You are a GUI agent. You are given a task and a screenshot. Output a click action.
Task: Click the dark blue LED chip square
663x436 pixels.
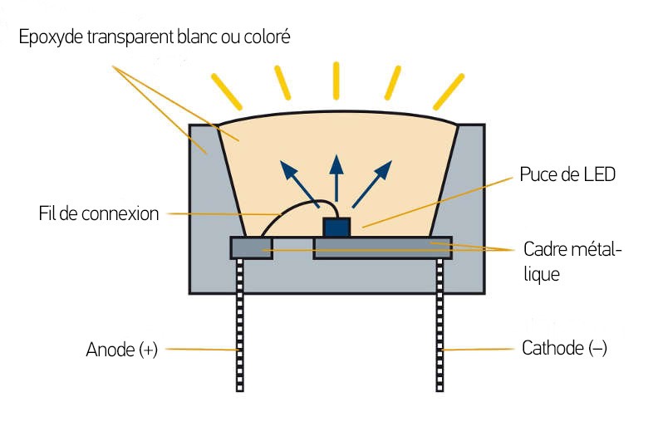[x=336, y=227]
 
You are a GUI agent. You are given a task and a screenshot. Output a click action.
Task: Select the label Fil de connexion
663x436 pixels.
[x=99, y=213]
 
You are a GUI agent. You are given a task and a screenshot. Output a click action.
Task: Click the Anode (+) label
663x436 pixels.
[x=121, y=350]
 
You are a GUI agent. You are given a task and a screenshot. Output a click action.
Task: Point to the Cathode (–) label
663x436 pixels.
[x=564, y=348]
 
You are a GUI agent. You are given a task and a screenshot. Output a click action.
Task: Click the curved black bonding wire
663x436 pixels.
[x=287, y=208]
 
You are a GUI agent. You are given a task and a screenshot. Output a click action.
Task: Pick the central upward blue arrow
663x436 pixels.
[x=336, y=174]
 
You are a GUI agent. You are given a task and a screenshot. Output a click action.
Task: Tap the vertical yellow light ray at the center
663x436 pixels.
[x=336, y=80]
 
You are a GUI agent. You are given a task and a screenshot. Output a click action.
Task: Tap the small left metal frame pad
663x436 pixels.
[x=250, y=247]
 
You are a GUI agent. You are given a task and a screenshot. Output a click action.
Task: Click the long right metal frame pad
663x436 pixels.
[x=382, y=247]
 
